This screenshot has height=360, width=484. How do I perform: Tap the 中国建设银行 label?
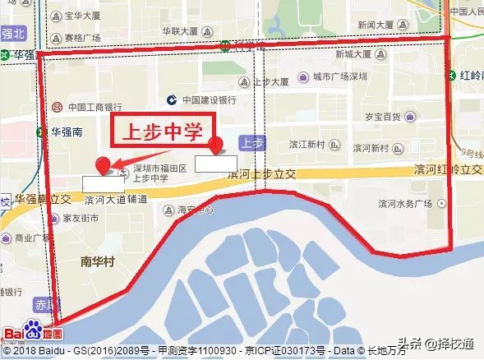(x=210, y=100)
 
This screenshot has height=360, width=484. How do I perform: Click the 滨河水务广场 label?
(x=405, y=202)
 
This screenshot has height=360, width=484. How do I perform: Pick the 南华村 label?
(x=97, y=262)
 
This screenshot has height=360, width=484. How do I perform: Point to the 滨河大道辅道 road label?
(x=116, y=199)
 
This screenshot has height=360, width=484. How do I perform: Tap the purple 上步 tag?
(x=251, y=143)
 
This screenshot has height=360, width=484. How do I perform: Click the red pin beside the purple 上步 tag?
(x=217, y=145)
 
